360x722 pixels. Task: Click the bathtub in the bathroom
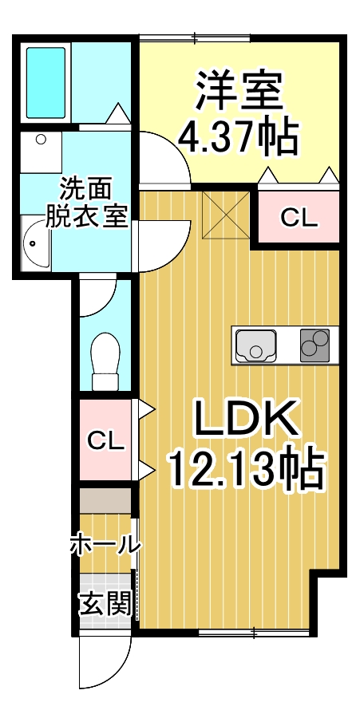click(x=45, y=83)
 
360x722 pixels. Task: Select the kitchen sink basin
click(x=254, y=345)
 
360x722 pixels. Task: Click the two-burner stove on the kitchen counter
click(x=315, y=345)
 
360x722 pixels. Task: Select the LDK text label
click(x=245, y=419)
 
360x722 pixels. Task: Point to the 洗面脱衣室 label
click(x=86, y=203)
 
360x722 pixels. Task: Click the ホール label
click(x=105, y=545)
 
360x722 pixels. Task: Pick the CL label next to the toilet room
click(x=106, y=440)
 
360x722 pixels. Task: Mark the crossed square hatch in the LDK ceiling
click(x=225, y=215)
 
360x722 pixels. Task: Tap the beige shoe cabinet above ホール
click(x=105, y=501)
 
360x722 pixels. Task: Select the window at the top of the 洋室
click(x=195, y=37)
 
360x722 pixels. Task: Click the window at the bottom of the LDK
click(x=255, y=633)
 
